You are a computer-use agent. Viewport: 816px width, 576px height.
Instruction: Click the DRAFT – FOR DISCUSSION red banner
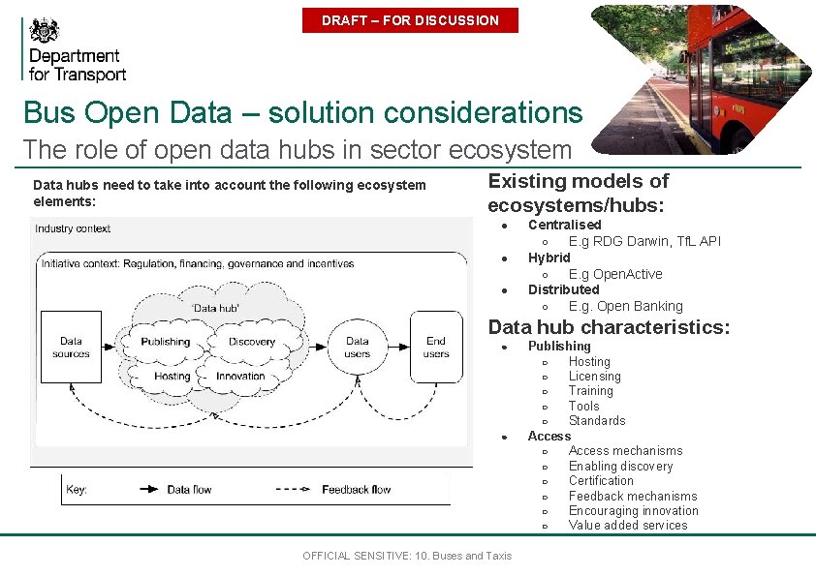click(x=410, y=20)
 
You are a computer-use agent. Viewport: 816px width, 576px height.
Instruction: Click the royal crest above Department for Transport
click(x=44, y=29)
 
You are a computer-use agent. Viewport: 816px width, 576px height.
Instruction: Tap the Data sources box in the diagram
click(x=71, y=348)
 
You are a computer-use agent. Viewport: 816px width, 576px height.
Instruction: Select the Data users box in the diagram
click(x=358, y=348)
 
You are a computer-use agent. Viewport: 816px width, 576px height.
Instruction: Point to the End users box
click(x=436, y=348)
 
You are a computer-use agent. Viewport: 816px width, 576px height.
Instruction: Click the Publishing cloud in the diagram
click(x=165, y=342)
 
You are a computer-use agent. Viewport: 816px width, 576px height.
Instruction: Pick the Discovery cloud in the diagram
click(x=252, y=342)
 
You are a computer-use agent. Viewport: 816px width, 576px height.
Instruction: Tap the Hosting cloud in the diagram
click(x=173, y=377)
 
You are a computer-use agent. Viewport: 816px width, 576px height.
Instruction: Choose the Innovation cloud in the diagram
click(x=240, y=377)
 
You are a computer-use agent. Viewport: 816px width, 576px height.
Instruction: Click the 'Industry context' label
click(x=73, y=229)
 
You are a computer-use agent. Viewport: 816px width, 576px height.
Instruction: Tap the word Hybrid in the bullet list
click(x=549, y=258)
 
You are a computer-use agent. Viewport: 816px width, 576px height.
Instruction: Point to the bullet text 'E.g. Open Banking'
click(x=625, y=306)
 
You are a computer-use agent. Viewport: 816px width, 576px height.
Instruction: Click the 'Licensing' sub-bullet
click(x=594, y=377)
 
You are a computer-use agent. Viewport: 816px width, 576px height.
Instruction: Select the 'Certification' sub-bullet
click(x=601, y=480)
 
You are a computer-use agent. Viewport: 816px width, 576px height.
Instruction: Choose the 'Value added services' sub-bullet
click(x=628, y=526)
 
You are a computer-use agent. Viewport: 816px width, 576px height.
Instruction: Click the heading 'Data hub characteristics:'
click(x=609, y=327)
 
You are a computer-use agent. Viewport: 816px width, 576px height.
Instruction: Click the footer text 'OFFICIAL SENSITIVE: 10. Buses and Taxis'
click(x=407, y=556)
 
